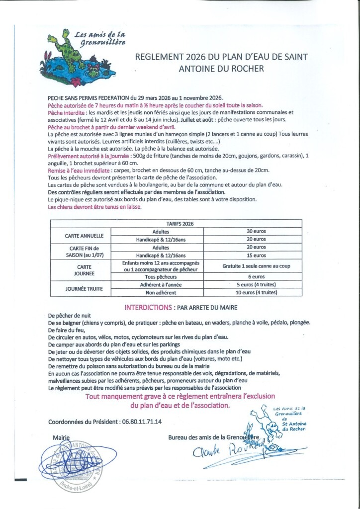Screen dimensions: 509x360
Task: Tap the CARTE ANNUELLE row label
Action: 81,235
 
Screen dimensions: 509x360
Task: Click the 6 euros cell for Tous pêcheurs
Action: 256,277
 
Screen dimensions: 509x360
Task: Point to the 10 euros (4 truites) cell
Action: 256,292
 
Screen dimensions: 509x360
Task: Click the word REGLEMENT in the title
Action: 156,57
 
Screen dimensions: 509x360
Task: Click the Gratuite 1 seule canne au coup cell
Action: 256,266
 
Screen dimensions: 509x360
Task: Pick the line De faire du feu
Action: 67,330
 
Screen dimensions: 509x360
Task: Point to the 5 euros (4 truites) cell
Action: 256,285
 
